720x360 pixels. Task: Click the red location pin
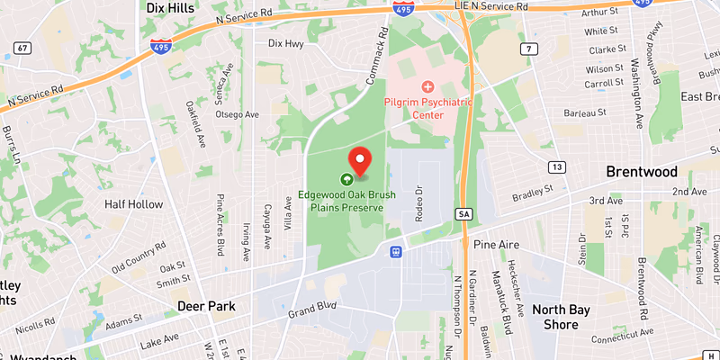tap(360, 159)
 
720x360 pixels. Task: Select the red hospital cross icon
tap(428, 86)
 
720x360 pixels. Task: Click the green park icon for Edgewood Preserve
tap(346, 179)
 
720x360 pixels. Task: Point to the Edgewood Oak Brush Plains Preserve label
tap(341, 201)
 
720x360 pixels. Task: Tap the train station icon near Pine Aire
tap(395, 251)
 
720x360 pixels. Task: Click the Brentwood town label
tap(641, 172)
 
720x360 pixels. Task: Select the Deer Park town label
tap(206, 306)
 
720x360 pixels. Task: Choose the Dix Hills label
tap(171, 7)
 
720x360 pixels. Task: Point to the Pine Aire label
tap(493, 244)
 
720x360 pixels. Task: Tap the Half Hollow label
tap(133, 204)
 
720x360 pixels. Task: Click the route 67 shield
tap(22, 47)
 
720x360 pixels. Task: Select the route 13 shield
tap(557, 167)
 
